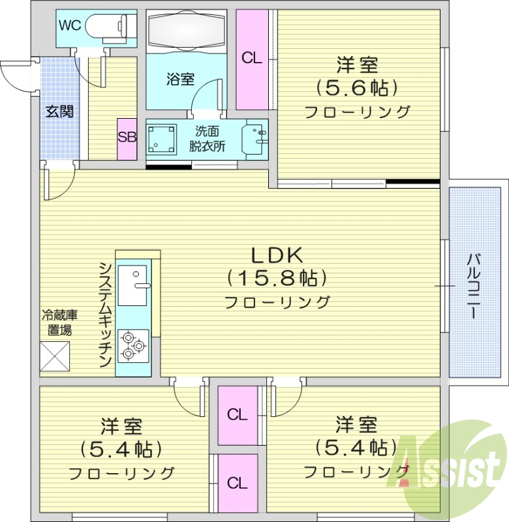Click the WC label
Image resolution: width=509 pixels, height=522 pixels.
[70, 25]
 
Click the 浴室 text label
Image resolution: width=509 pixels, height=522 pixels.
[180, 80]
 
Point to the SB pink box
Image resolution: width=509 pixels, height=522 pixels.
[127, 138]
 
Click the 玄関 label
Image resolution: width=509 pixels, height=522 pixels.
[59, 111]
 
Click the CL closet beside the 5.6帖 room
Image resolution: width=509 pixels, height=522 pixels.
[252, 59]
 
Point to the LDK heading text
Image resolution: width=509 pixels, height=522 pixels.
[276, 255]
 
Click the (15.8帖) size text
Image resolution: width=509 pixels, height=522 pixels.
[276, 279]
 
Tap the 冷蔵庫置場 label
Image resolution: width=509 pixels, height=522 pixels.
[59, 322]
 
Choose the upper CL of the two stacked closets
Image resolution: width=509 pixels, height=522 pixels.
[237, 414]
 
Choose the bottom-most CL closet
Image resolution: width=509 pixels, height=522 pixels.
[237, 483]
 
